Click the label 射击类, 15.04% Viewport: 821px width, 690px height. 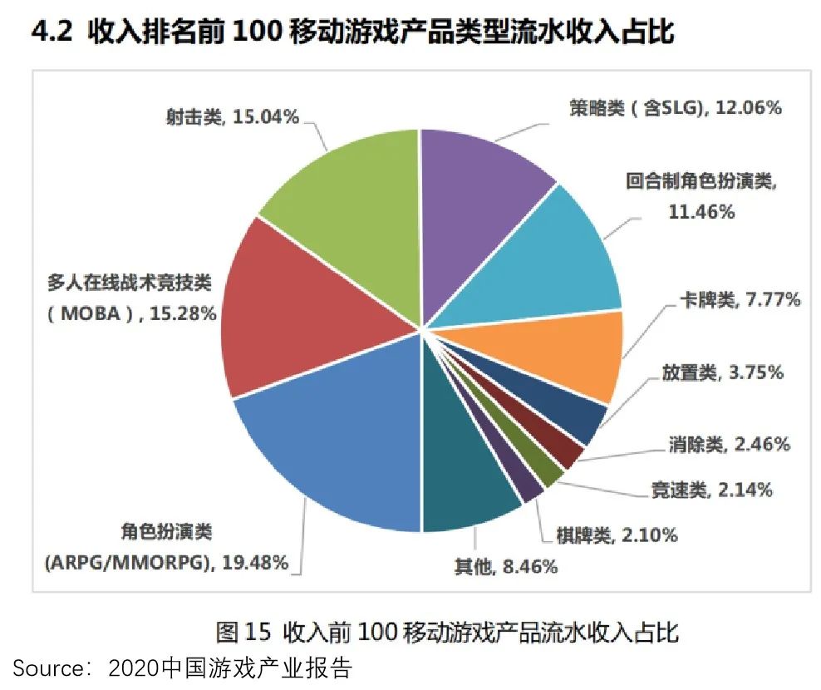tap(232, 117)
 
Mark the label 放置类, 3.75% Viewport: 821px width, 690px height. tap(722, 372)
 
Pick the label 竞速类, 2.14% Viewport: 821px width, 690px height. tap(711, 490)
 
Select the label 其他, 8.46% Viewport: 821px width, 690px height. tap(504, 568)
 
